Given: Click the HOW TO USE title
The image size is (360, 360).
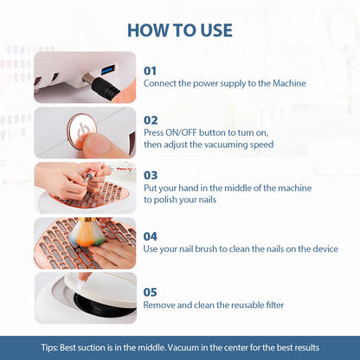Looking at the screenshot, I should pyautogui.click(x=180, y=29).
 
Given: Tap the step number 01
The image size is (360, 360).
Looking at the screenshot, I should pyautogui.click(x=151, y=70).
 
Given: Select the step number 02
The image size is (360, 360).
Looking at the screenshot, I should pyautogui.click(x=151, y=120).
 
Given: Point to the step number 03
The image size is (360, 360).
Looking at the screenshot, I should pyautogui.click(x=151, y=174).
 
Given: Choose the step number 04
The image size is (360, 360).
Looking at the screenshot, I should pyautogui.click(x=151, y=235).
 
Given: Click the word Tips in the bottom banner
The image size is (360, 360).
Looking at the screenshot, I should pyautogui.click(x=49, y=347).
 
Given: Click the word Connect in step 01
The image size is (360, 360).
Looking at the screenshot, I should pyautogui.click(x=163, y=84).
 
